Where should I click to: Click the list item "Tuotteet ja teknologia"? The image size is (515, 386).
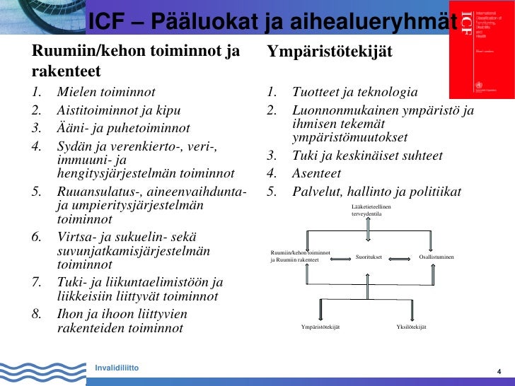(354, 93)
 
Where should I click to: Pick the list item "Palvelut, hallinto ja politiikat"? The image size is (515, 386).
(376, 192)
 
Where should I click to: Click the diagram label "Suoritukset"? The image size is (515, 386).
(369, 257)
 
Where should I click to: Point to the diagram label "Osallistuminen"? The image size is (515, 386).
(436, 257)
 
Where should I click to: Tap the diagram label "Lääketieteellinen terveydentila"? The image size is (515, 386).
(371, 209)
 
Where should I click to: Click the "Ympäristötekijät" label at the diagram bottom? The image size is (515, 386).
(320, 327)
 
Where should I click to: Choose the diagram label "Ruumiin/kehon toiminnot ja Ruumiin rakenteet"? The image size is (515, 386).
(301, 256)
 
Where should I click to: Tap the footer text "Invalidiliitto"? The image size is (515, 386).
(117, 368)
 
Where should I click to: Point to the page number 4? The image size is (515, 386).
(499, 373)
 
